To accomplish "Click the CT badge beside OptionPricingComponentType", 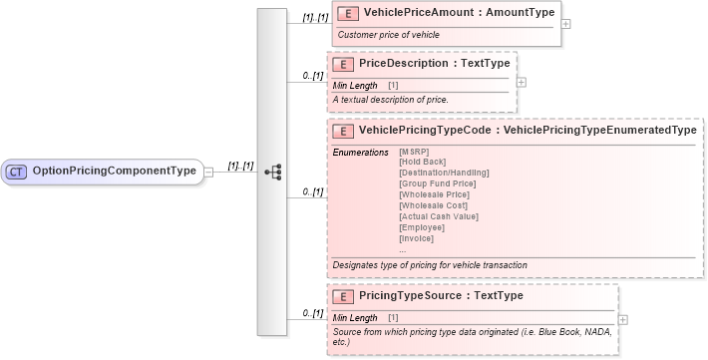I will point(17,172).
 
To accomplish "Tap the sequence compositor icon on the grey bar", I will point(272,172).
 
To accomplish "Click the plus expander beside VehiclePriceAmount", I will point(565,24).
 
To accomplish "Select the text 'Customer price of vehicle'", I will point(389,35).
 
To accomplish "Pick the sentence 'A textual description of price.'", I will point(391,100).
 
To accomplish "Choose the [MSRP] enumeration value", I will point(414,152).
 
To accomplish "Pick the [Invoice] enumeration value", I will point(417,238).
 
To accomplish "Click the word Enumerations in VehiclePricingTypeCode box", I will point(360,152).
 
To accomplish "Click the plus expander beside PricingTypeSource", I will point(622,319).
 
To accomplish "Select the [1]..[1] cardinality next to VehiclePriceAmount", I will point(315,19).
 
